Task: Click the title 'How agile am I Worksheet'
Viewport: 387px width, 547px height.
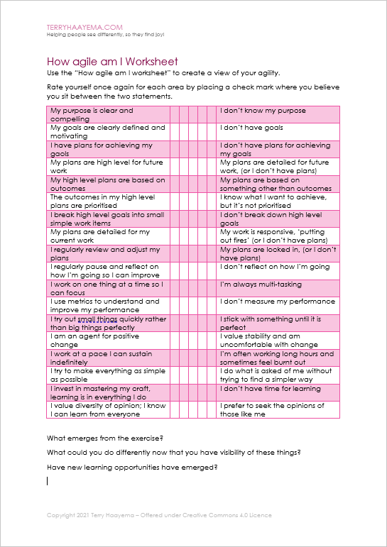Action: click(x=112, y=62)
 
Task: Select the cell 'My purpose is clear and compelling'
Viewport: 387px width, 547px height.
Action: click(x=108, y=115)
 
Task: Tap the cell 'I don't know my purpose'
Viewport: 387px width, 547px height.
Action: click(x=263, y=111)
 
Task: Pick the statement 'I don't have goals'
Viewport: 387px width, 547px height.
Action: click(x=251, y=128)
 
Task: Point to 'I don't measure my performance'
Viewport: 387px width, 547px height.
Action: click(x=278, y=302)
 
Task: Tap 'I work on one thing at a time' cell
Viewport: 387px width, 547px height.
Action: click(x=108, y=288)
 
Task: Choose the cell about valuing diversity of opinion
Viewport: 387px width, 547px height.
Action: click(x=108, y=409)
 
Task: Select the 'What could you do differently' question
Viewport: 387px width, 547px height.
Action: click(x=174, y=452)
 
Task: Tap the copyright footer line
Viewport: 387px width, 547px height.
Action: click(x=159, y=515)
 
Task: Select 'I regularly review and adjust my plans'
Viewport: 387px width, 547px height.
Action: click(x=108, y=253)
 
